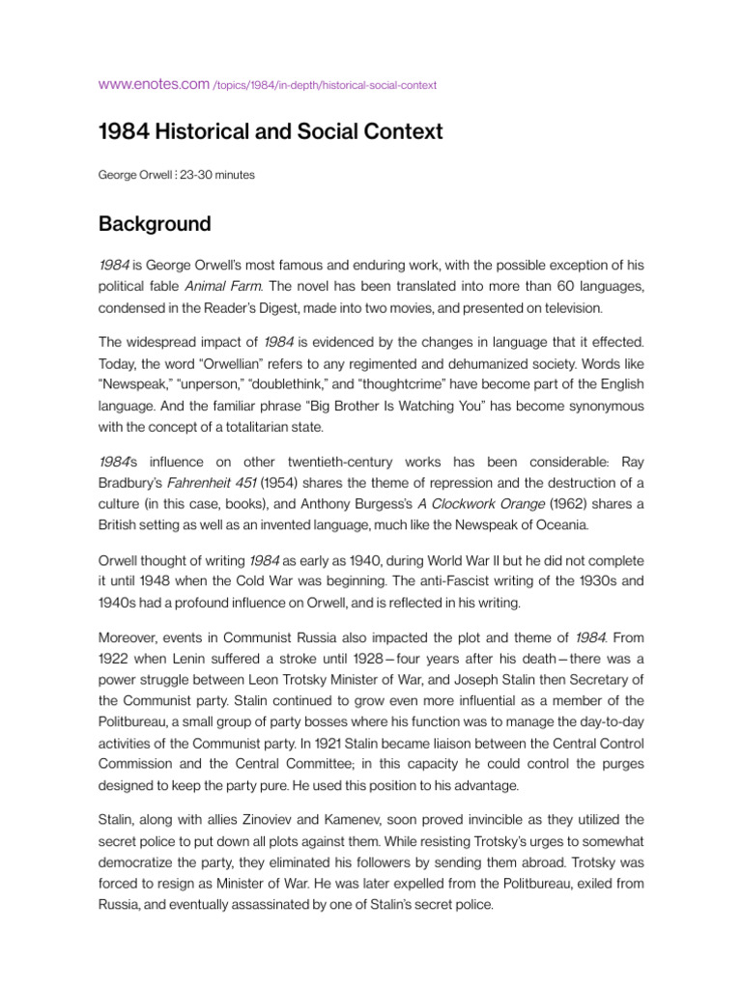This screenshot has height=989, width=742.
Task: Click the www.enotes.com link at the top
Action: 154,84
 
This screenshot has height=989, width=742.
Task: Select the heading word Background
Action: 155,224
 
